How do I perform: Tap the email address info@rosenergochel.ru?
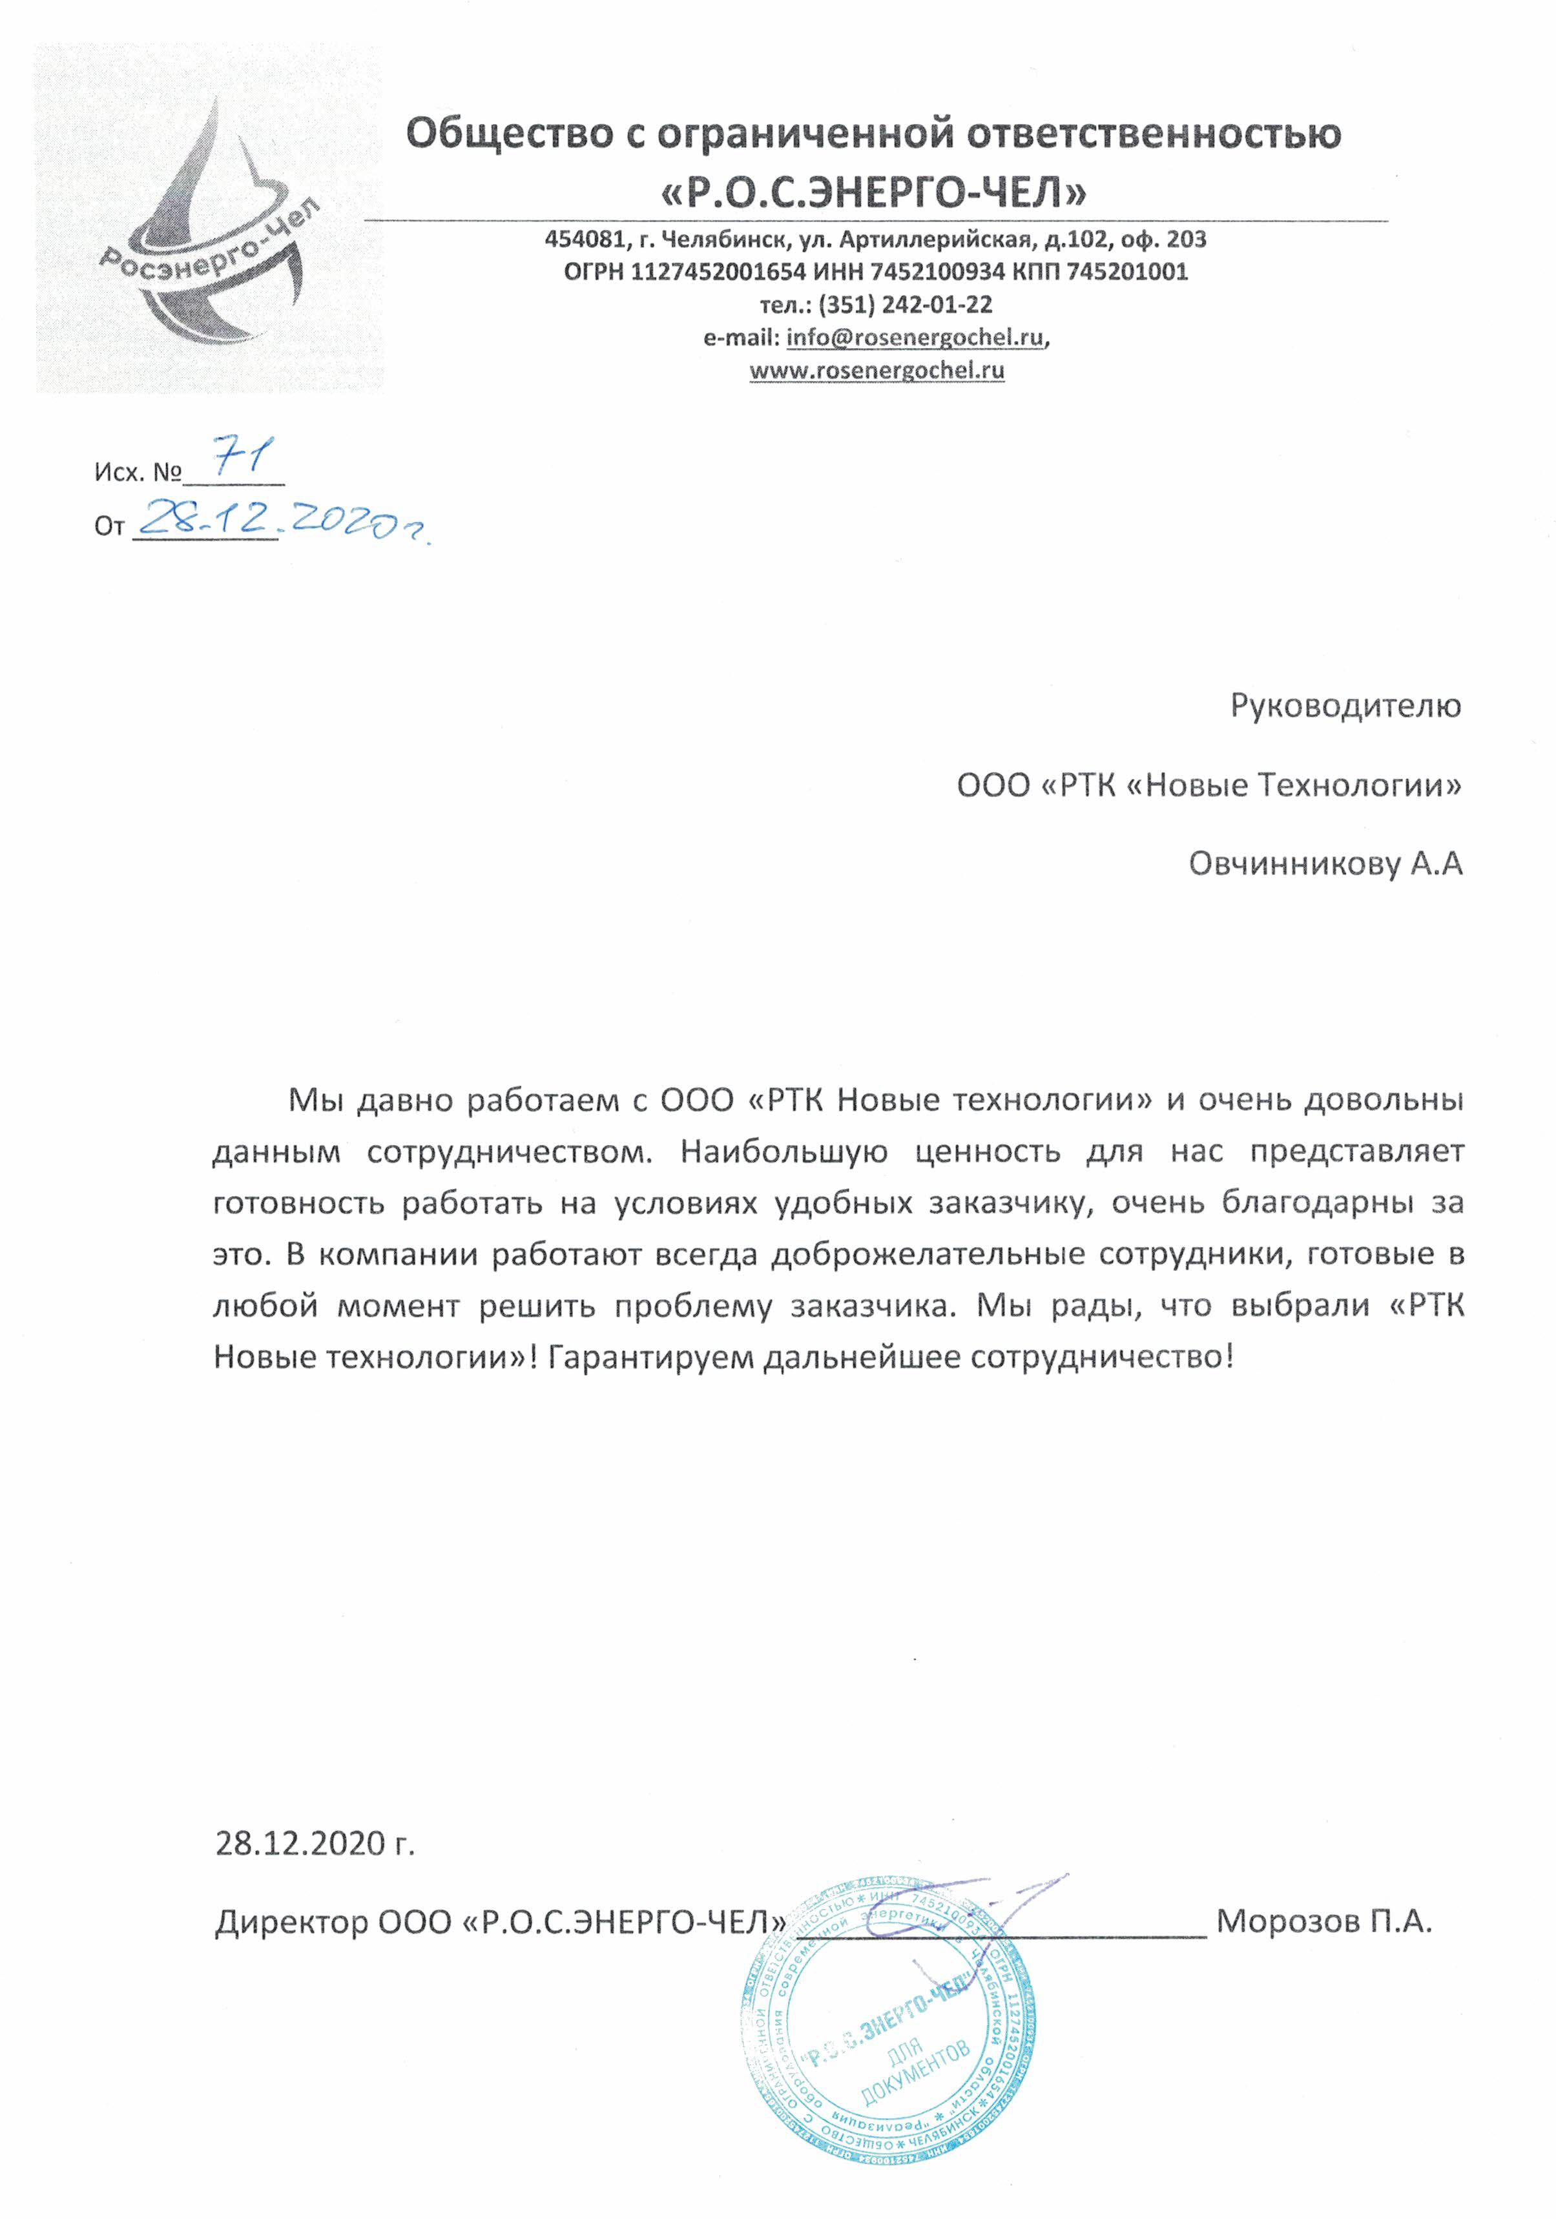[x=914, y=337]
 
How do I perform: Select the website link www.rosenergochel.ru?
[x=877, y=370]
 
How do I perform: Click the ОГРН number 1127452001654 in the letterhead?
[x=717, y=272]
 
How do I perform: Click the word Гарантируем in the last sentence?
[x=650, y=1357]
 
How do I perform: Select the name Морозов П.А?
[x=1323, y=1921]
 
